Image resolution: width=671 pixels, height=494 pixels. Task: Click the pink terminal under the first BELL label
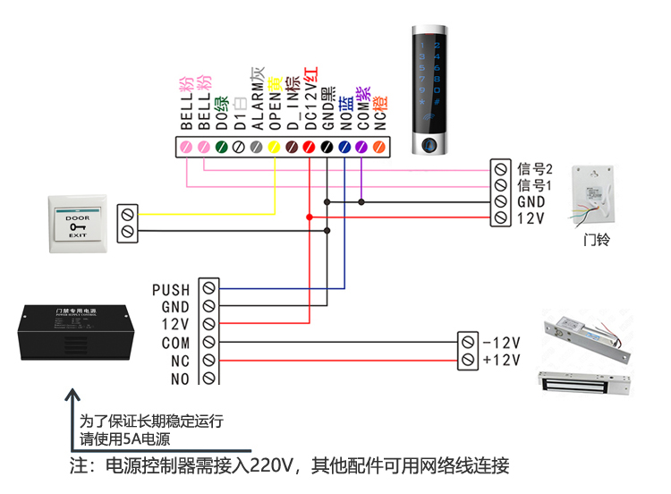pos(187,147)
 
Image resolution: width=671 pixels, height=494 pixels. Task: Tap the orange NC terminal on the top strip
pos(378,147)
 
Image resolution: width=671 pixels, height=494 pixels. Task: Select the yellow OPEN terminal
pos(274,147)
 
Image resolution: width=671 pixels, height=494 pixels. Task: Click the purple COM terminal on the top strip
pos(361,147)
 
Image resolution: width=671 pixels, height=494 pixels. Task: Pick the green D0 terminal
pos(221,147)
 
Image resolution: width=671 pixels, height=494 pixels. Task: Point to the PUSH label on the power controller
pos(171,289)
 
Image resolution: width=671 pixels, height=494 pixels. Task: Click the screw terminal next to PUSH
pos(208,289)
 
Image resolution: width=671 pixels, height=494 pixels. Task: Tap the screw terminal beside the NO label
pos(208,379)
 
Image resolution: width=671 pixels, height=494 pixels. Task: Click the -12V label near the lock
pos(501,343)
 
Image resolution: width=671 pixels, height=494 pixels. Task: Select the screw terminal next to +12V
pos(467,360)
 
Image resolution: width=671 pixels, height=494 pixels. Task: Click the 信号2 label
pos(536,168)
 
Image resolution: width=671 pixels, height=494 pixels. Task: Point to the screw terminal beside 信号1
pos(500,185)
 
